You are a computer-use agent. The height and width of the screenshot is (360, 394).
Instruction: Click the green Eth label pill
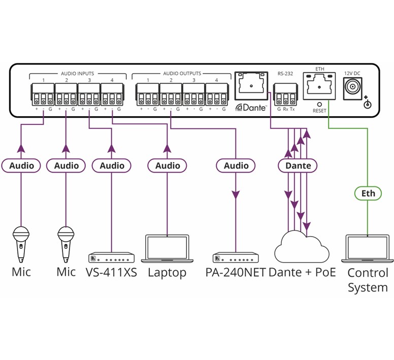tap(368, 193)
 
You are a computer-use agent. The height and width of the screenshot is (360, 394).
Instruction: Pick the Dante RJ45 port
tap(250, 86)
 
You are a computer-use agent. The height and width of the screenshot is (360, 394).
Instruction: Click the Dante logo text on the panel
tap(251, 108)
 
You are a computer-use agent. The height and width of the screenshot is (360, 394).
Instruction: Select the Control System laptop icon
tap(368, 248)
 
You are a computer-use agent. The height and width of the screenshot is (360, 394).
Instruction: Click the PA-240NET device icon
tap(236, 257)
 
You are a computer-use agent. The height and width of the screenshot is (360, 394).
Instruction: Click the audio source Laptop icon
tap(167, 248)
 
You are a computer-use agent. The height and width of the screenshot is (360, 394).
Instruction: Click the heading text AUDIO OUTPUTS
tap(182, 74)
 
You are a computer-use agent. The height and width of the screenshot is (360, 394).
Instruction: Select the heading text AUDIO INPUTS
tap(77, 74)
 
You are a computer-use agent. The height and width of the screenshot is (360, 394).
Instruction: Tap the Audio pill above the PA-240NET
tap(236, 166)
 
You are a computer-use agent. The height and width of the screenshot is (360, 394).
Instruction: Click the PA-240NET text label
tap(236, 272)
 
